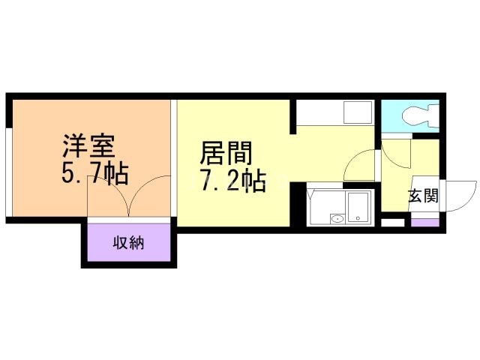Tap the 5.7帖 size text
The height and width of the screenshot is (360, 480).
pos(94,174)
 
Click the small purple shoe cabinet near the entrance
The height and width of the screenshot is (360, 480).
pos(422,223)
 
